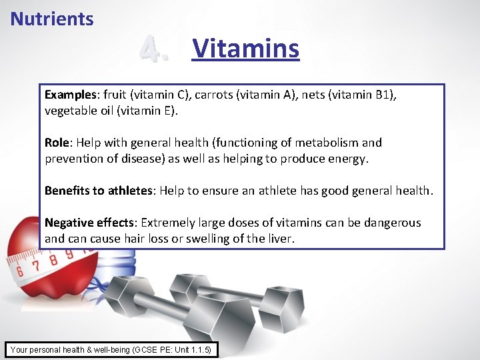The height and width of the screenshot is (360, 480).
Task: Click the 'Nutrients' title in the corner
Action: pyautogui.click(x=52, y=19)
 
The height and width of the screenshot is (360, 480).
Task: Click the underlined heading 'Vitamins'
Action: pyautogui.click(x=245, y=49)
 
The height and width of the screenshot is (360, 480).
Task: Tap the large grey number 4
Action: pyautogui.click(x=154, y=50)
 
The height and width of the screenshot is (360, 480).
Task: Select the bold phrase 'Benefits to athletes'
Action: pyautogui.click(x=99, y=191)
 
